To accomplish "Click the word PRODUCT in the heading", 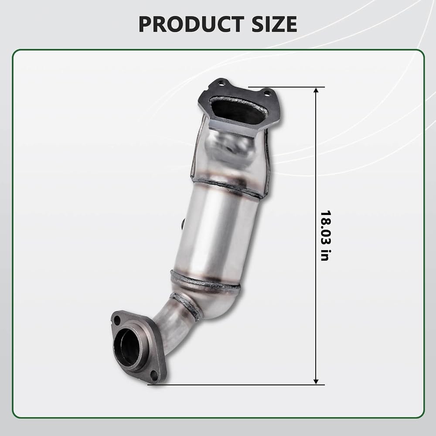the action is (x=191, y=24).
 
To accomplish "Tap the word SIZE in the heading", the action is (x=274, y=24).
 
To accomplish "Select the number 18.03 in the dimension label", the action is (x=325, y=228).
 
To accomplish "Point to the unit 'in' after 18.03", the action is (x=325, y=255).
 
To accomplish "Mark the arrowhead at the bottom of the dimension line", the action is (x=316, y=381).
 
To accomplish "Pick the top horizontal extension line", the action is (x=286, y=87).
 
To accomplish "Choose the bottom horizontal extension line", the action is (x=236, y=385).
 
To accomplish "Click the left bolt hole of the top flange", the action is (x=221, y=82).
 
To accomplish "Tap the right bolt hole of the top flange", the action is (x=267, y=93).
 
